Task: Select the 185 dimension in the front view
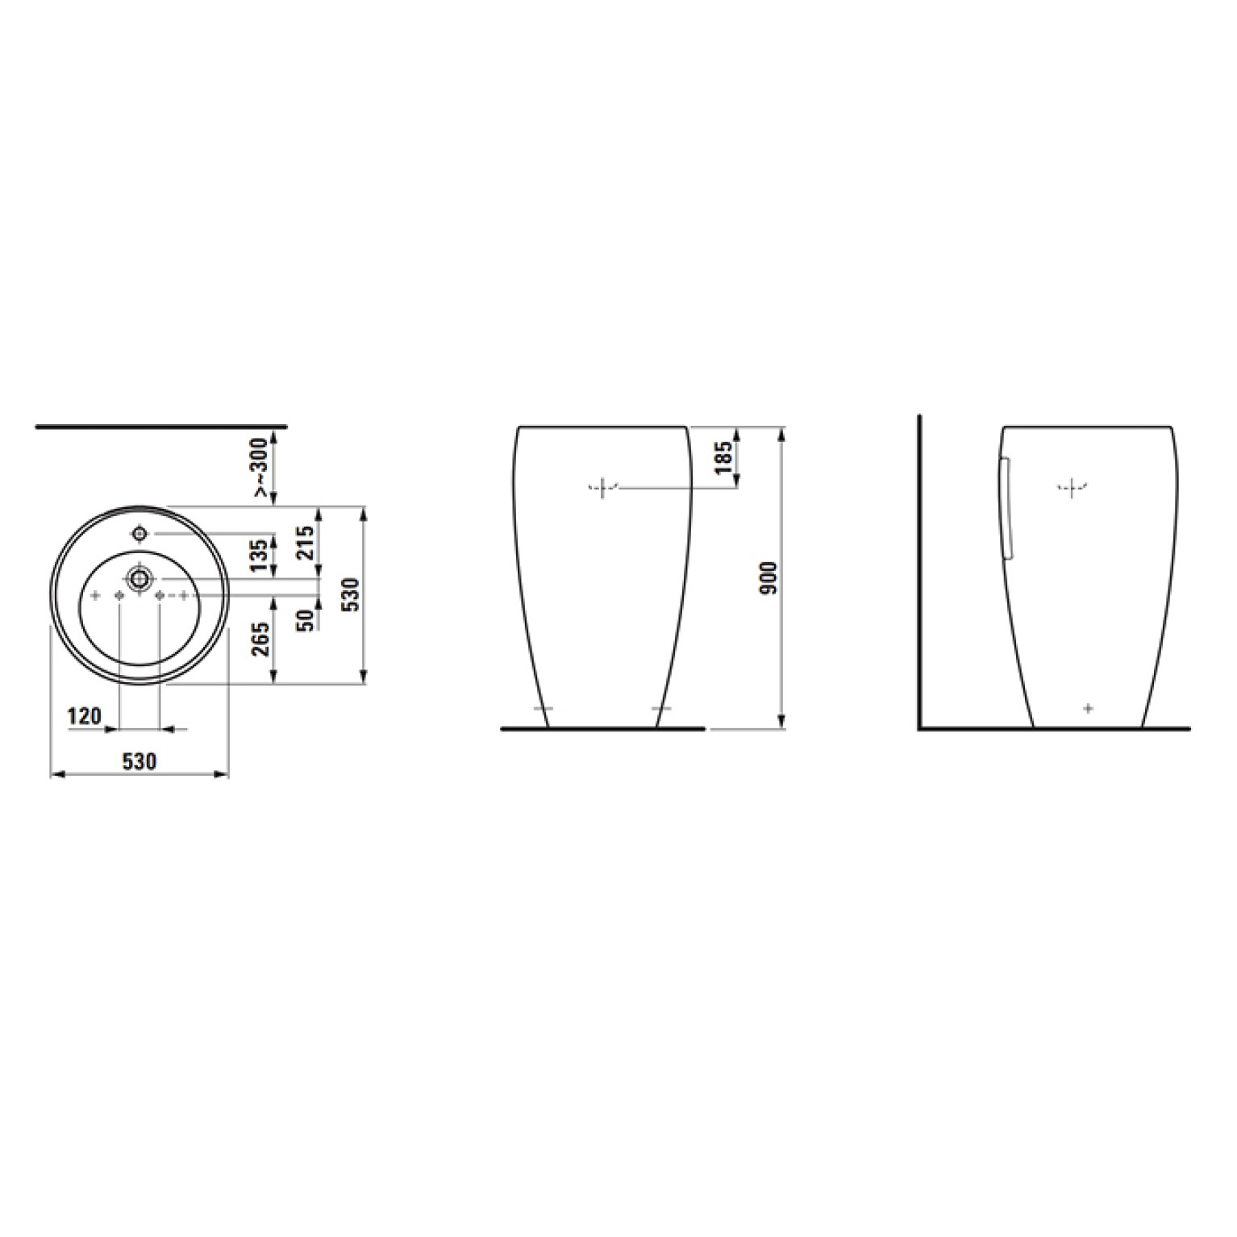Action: click(x=723, y=457)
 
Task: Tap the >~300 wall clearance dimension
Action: click(x=261, y=467)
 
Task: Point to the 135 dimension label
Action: click(x=260, y=556)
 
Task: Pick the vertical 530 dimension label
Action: click(x=351, y=594)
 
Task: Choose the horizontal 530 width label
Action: click(x=140, y=760)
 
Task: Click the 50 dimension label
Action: click(x=305, y=619)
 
